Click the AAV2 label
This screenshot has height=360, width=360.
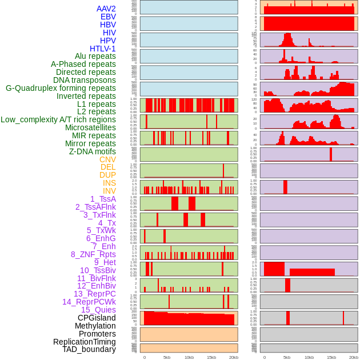pyautogui.click(x=106, y=9)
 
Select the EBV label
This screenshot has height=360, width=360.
pyautogui.click(x=108, y=17)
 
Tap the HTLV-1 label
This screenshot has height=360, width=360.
pyautogui.click(x=102, y=49)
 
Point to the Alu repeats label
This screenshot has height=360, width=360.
pyautogui.click(x=95, y=56)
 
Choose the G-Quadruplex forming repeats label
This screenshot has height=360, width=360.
pyautogui.click(x=61, y=88)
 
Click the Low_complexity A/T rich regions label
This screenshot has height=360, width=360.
pyautogui.click(x=58, y=119)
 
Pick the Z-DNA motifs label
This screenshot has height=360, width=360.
pyautogui.click(x=92, y=151)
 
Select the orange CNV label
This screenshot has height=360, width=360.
pyautogui.click(x=107, y=159)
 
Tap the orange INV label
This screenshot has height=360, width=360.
pyautogui.click(x=109, y=191)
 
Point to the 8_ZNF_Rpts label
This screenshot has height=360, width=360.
pyautogui.click(x=93, y=254)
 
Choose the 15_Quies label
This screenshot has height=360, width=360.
pyautogui.click(x=98, y=310)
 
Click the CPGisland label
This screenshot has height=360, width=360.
pyautogui.click(x=97, y=318)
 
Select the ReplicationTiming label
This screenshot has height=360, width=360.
pyautogui.click(x=85, y=342)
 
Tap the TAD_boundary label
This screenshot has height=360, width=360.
pyautogui.click(x=89, y=349)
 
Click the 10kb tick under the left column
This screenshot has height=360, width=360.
pyautogui.click(x=189, y=357)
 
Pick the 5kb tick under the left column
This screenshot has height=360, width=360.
pyautogui.click(x=167, y=357)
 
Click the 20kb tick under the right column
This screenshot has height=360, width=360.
pyautogui.click(x=354, y=357)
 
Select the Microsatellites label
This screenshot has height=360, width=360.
pyautogui.click(x=90, y=127)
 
